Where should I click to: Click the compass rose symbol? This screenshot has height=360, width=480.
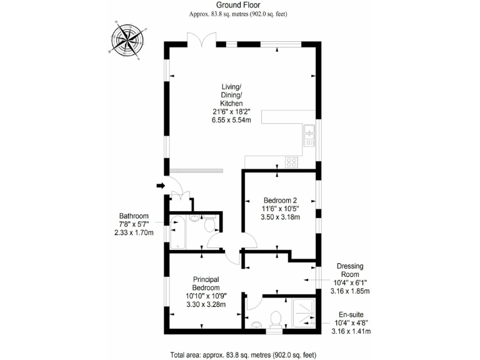pyautogui.click(x=129, y=39)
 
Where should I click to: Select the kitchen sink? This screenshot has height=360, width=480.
pyautogui.click(x=309, y=135)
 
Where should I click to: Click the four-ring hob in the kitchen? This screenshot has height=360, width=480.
pyautogui.click(x=292, y=162)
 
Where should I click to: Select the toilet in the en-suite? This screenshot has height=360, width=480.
pyautogui.click(x=273, y=319)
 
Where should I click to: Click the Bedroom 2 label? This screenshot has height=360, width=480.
pyautogui.click(x=279, y=201)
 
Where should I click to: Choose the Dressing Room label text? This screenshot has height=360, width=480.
pyautogui.click(x=350, y=270)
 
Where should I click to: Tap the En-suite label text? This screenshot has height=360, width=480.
pyautogui.click(x=350, y=315)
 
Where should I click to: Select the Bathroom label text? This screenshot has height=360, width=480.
pyautogui.click(x=134, y=216)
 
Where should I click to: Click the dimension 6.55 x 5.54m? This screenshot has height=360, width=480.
pyautogui.click(x=231, y=119)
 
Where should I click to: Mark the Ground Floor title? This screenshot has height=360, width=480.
pyautogui.click(x=242, y=6)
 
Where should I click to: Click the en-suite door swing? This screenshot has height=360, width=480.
pyautogui.click(x=253, y=302)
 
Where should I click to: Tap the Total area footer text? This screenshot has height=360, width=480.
pyautogui.click(x=242, y=354)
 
